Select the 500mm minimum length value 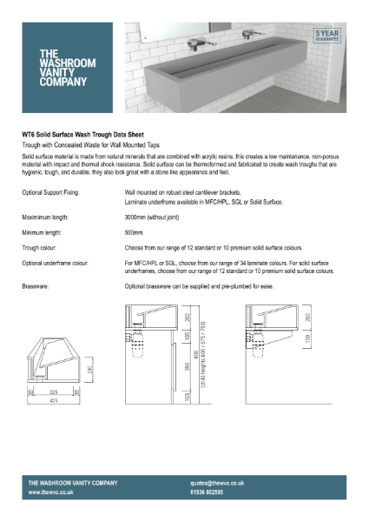click(x=135, y=233)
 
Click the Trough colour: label click(x=43, y=250)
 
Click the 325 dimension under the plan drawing click(x=54, y=393)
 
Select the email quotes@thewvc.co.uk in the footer click(x=217, y=482)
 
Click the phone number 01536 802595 click(x=214, y=492)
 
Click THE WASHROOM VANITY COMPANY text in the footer click(x=72, y=482)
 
